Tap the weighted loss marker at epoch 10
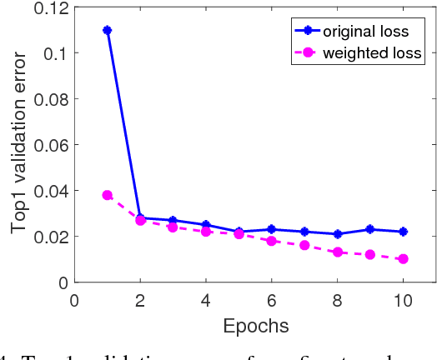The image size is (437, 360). coord(403,259)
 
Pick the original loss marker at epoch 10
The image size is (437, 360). coord(403,232)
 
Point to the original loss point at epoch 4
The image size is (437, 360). coord(206,225)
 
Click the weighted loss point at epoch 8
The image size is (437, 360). coord(337,252)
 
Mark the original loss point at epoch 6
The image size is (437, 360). coord(271,229)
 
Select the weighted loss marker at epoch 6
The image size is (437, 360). coord(271,241)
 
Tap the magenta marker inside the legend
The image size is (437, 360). coord(309,54)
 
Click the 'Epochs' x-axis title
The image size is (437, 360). coord(254,324)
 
